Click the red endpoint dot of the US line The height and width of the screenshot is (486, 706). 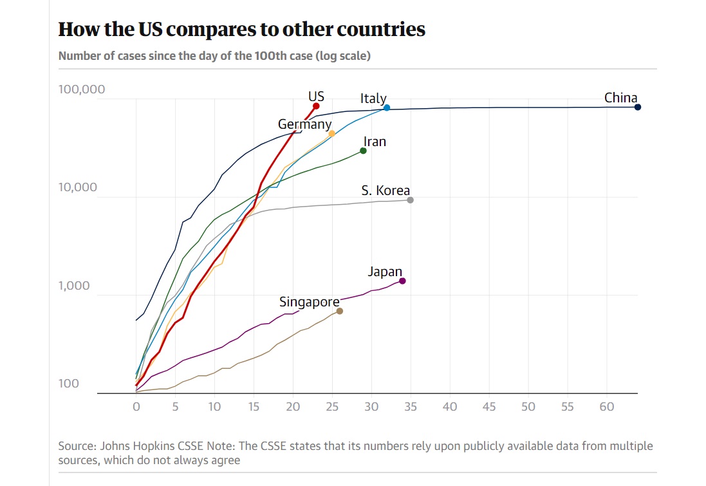[x=316, y=106]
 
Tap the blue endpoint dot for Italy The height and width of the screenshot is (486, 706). [x=387, y=107]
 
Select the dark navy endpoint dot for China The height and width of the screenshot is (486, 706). [x=638, y=107]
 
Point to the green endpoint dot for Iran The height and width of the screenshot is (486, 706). [x=363, y=151]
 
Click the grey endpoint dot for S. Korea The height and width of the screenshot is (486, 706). [x=410, y=200]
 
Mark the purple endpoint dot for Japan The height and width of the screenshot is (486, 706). [x=402, y=281]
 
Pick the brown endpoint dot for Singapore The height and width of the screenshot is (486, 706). [x=340, y=311]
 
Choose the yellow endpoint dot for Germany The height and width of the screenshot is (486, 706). [x=332, y=133]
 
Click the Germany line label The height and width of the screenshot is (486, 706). [x=304, y=124]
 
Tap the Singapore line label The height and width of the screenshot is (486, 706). [x=310, y=302]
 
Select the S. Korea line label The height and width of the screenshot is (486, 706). [x=386, y=191]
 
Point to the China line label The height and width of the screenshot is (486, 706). [x=620, y=98]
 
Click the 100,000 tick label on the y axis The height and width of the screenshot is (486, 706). [x=82, y=89]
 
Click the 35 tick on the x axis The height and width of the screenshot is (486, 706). [x=410, y=407]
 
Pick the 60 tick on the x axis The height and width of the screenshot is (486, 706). [x=606, y=407]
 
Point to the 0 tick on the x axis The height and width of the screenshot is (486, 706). [x=136, y=407]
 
